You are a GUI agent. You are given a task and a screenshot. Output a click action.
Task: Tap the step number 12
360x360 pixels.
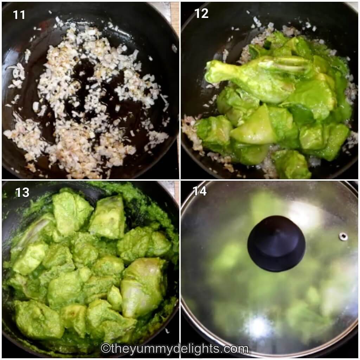[201, 13]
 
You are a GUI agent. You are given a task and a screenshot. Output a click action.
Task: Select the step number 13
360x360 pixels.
[22, 192]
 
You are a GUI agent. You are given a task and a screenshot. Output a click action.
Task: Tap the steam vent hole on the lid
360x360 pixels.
[343, 236]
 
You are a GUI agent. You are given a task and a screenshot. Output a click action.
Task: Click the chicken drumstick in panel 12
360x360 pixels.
[246, 77]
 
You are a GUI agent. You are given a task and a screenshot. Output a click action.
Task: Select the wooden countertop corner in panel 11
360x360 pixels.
[175, 18]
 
